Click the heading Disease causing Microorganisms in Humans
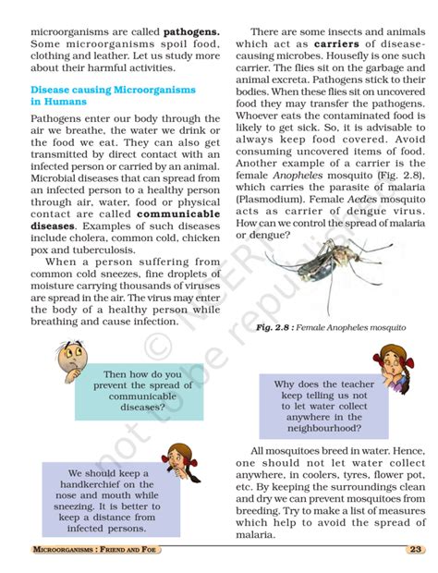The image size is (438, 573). point(114,95)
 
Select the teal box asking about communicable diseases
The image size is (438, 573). point(135,390)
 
